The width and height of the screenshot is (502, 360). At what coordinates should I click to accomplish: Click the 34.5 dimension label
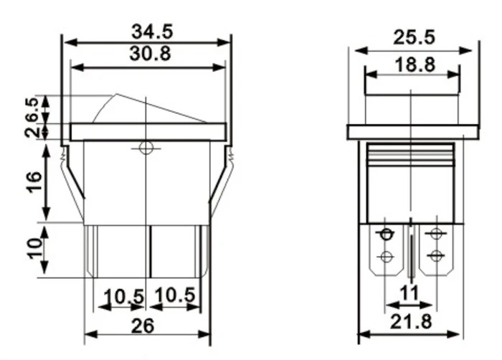coord(152,32)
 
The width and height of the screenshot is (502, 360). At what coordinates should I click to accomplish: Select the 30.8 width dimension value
coord(150,54)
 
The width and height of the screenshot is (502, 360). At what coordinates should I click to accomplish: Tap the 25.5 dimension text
coord(415,37)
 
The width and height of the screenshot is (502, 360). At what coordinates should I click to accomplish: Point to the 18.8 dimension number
coord(415,65)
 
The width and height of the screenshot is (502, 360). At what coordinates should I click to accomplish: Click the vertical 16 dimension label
coord(34,182)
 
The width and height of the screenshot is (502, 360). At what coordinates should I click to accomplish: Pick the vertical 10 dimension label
coord(35,248)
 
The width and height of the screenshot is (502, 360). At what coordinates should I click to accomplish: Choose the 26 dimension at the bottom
coord(143,326)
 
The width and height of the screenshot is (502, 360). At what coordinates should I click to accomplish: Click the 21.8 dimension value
coord(411,321)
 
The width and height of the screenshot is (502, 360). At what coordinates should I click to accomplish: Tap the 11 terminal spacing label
coord(409,293)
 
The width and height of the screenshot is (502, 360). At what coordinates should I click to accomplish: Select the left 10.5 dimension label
coord(124,296)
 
